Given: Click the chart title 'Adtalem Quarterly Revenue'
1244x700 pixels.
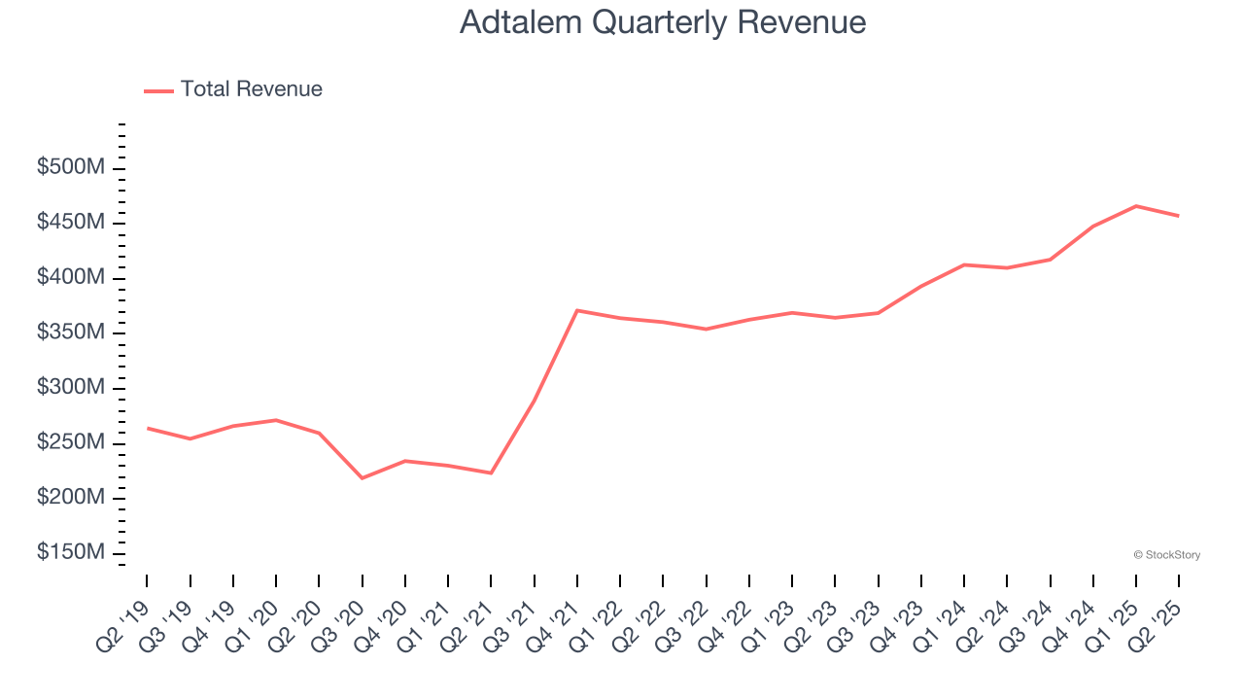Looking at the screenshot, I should click(662, 22).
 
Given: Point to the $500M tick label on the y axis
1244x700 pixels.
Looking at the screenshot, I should click(71, 168).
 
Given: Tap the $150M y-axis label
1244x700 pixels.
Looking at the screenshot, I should click(71, 552).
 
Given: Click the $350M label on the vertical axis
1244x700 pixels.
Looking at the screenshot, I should click(71, 332).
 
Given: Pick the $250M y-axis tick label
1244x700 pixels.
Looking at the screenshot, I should click(71, 442).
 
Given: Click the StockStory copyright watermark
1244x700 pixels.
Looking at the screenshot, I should click(1166, 555).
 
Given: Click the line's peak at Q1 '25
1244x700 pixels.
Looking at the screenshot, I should click(1136, 206).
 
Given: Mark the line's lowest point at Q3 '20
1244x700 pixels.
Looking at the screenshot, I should click(363, 478).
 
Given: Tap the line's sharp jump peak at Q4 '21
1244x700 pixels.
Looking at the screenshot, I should click(577, 310).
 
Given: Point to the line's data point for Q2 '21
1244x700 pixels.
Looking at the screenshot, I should click(491, 473).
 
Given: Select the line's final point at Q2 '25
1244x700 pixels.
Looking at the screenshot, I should click(1179, 216).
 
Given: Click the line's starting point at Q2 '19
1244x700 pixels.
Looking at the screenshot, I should click(147, 428).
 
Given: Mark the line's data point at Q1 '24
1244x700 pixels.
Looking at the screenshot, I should click(964, 264).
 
